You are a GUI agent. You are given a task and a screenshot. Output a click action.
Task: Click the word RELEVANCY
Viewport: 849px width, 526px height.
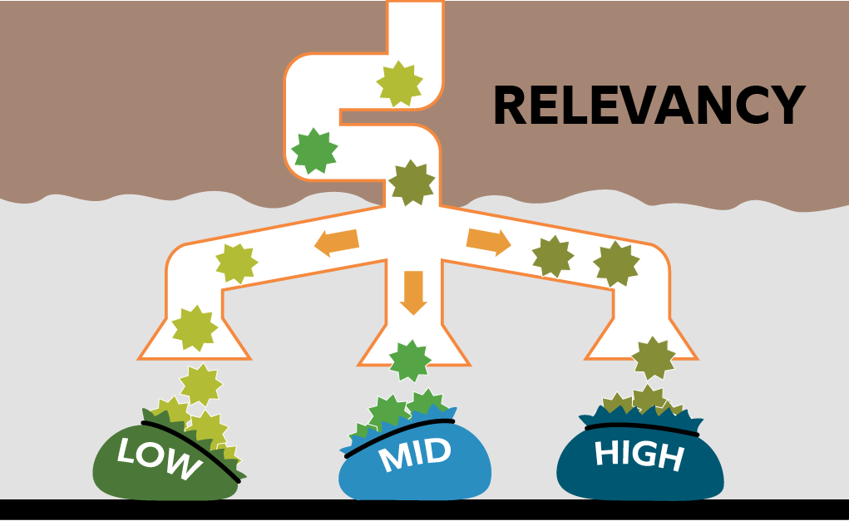[648, 106]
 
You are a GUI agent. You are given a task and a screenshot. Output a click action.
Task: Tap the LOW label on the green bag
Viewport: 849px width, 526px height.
[158, 459]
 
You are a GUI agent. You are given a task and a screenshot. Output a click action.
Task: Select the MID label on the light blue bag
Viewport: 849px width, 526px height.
[414, 455]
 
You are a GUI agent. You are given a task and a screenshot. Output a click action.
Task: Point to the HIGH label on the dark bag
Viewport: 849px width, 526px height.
[639, 455]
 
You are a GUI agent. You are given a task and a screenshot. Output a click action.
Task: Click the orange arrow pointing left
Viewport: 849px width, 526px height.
[337, 242]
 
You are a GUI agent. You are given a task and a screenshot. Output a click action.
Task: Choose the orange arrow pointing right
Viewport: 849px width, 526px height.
[488, 240]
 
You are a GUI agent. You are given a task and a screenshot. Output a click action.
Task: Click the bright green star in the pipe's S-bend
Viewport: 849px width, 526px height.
[314, 151]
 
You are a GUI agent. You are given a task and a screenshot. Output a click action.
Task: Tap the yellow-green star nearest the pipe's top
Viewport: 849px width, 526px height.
[399, 83]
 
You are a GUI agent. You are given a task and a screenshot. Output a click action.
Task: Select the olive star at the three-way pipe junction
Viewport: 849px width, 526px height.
[412, 183]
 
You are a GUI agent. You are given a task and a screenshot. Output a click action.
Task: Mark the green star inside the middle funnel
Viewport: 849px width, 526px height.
[410, 361]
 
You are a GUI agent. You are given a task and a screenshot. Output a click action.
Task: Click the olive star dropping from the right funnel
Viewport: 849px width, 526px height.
[653, 358]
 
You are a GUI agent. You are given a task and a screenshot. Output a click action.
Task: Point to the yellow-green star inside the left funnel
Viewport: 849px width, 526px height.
[195, 327]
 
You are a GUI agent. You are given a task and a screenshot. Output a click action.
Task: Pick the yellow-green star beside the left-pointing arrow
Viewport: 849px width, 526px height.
[236, 263]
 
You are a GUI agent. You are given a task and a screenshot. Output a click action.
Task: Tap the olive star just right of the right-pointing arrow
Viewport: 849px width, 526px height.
[553, 257]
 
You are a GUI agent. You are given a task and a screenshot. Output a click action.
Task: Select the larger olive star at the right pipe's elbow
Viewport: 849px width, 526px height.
[616, 264]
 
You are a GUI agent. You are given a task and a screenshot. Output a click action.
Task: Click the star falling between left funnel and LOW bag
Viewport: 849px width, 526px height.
[200, 385]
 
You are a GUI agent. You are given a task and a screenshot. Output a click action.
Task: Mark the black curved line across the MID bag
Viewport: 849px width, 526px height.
[399, 437]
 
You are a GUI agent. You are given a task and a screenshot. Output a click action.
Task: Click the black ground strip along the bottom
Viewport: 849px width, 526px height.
[424, 512]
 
